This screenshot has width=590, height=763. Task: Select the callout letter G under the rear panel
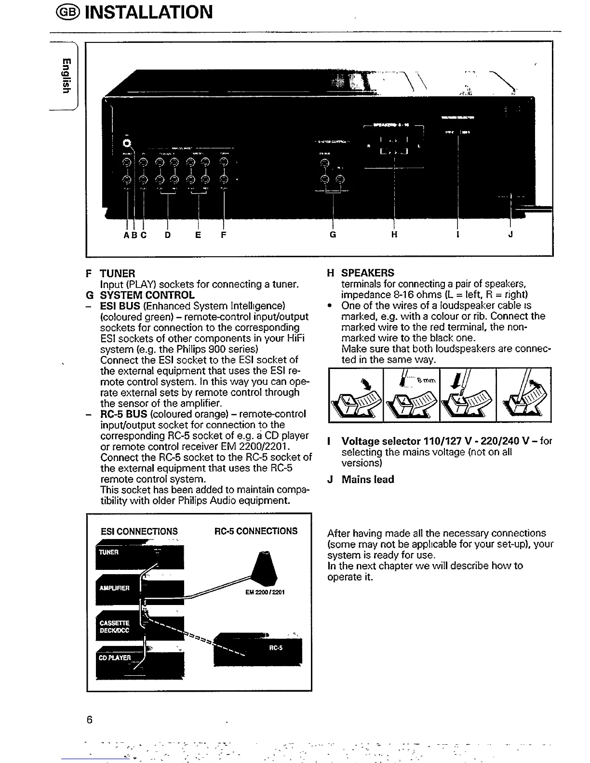point(333,235)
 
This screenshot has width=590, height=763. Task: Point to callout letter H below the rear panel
point(394,235)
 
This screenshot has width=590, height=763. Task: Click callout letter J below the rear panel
point(511,235)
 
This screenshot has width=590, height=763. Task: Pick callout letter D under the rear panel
point(167,236)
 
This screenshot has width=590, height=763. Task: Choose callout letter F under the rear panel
point(223,236)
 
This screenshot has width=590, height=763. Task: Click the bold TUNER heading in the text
point(118,274)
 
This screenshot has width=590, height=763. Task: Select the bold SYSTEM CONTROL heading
point(147,295)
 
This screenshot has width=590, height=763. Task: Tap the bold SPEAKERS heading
point(368,273)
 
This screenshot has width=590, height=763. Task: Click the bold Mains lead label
point(368,479)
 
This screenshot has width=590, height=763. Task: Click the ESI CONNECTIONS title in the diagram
point(139,531)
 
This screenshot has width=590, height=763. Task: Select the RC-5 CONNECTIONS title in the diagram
point(256,531)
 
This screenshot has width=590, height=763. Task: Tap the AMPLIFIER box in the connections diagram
point(114,588)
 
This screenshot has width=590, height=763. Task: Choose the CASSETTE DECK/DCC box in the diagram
point(114,627)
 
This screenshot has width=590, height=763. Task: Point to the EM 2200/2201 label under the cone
point(265,592)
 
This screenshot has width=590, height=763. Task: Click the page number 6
point(90,720)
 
